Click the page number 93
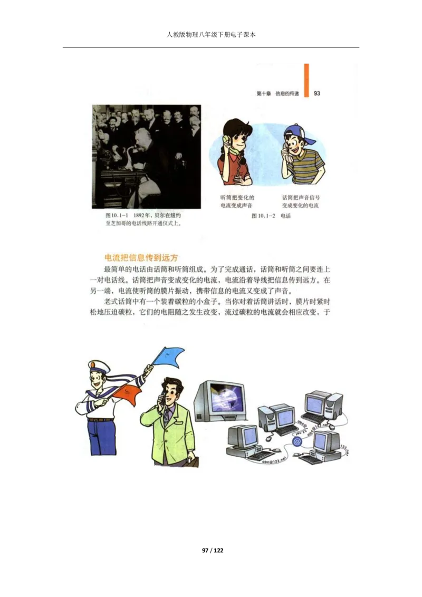click(317, 93)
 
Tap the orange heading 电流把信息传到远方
click(142, 258)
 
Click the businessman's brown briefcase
click(190, 461)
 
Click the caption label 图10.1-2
click(264, 216)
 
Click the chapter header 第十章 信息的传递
click(277, 94)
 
